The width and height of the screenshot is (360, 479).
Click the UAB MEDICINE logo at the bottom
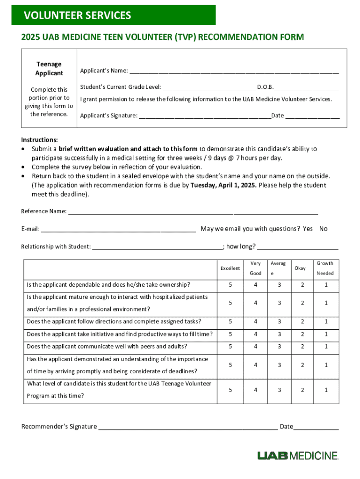(x=297, y=456)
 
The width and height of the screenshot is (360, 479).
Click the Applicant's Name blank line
(x=234, y=72)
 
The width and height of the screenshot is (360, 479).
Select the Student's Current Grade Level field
(x=209, y=88)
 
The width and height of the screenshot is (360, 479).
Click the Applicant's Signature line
(x=205, y=116)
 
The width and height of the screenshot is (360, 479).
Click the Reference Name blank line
(x=193, y=212)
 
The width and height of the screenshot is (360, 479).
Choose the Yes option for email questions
(x=308, y=229)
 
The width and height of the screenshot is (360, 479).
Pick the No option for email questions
(x=324, y=229)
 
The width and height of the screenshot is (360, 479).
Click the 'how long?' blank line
(x=298, y=247)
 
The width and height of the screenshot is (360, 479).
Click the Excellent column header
(x=230, y=269)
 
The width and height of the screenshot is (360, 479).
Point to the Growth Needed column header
(x=325, y=269)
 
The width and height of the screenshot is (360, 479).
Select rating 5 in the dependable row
(x=230, y=285)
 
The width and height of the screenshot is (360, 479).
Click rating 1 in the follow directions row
(x=326, y=322)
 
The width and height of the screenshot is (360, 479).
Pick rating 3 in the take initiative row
(x=280, y=334)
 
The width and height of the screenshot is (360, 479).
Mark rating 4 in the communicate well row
(x=256, y=347)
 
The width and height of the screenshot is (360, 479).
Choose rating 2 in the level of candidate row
(x=302, y=390)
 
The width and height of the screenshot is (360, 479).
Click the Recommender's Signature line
(x=187, y=427)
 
